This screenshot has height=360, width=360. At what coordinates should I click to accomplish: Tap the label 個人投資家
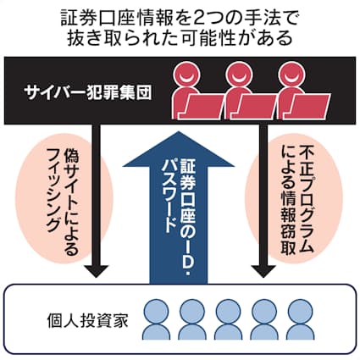(88, 320)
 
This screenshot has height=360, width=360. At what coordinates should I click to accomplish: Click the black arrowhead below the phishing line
(97, 271)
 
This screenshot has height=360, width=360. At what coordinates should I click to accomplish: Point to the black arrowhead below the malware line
(263, 271)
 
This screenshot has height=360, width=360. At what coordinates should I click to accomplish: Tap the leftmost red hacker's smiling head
(186, 75)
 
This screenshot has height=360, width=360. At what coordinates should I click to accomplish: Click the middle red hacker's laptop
(257, 107)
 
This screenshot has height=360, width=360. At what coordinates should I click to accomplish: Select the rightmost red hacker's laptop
(310, 107)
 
